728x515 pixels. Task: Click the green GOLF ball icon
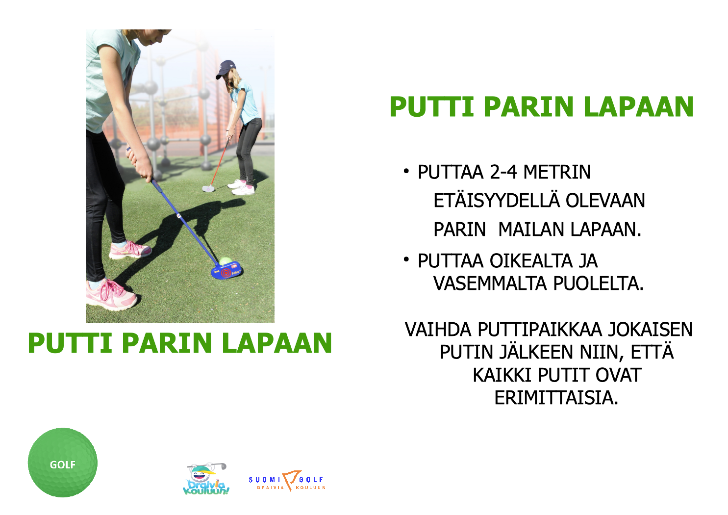pyautogui.click(x=63, y=463)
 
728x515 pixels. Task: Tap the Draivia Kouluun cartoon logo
pyautogui.click(x=206, y=479)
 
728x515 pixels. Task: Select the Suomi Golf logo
pyautogui.click(x=287, y=481)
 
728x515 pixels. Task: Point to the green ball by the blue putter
pyautogui.click(x=225, y=261)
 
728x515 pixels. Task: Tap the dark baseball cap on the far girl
pyautogui.click(x=226, y=68)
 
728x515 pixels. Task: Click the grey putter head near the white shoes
pyautogui.click(x=208, y=188)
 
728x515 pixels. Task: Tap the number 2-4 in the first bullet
pyautogui.click(x=503, y=172)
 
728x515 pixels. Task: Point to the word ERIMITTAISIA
pyautogui.click(x=556, y=398)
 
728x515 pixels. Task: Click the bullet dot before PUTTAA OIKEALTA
pyautogui.click(x=406, y=259)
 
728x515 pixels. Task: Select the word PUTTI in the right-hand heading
pyautogui.click(x=432, y=106)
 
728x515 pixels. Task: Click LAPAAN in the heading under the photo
pyautogui.click(x=277, y=343)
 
